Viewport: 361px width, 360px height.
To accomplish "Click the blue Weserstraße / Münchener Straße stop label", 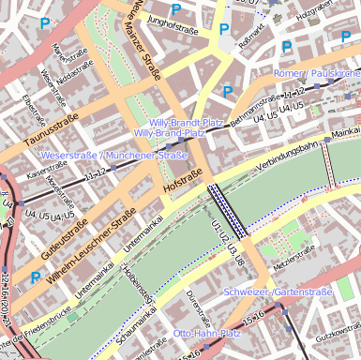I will (114, 155).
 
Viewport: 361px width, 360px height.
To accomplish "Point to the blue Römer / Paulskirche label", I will (316, 74).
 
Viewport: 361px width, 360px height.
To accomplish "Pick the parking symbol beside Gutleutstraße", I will (36, 277).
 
